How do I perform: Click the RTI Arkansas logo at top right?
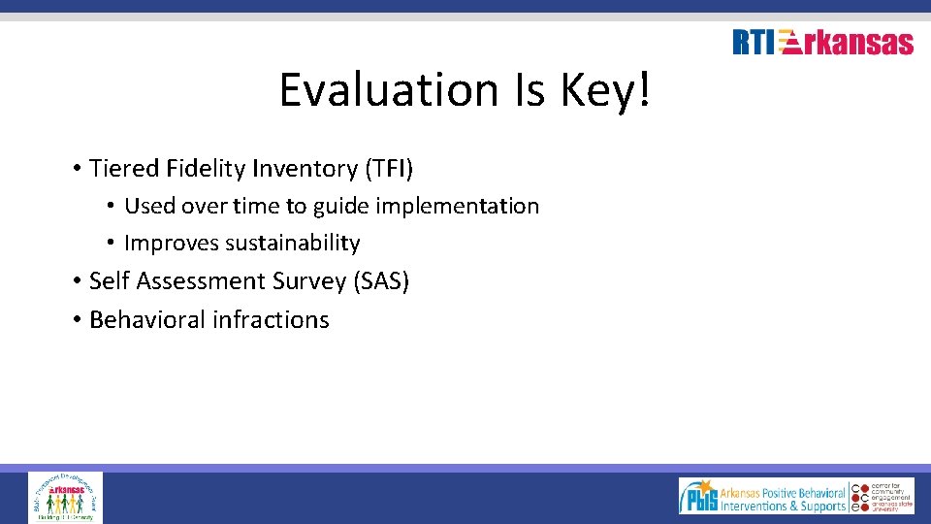[822, 43]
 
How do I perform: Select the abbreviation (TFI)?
[388, 169]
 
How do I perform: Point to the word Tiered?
[123, 169]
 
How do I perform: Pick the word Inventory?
[304, 169]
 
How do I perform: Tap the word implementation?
[456, 206]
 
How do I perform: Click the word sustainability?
[292, 243]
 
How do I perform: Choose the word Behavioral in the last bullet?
[144, 319]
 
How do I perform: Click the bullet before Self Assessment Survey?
[75, 281]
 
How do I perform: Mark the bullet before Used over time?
[112, 206]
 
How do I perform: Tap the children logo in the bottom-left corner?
[65, 497]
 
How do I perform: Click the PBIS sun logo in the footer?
[698, 497]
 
